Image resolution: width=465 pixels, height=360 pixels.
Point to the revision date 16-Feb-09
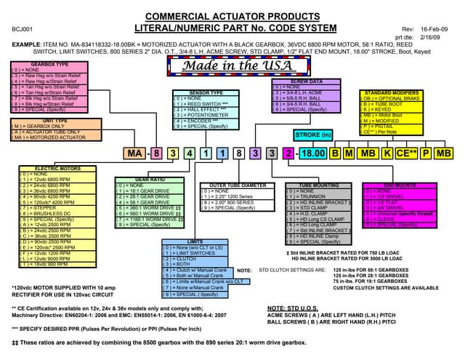434,28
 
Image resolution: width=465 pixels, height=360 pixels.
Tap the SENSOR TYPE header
206,93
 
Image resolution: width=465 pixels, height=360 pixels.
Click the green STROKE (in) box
315,135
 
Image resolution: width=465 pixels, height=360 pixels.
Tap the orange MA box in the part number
134,153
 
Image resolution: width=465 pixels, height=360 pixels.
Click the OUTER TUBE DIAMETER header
232,185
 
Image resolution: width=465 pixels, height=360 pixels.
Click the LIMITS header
195,241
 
